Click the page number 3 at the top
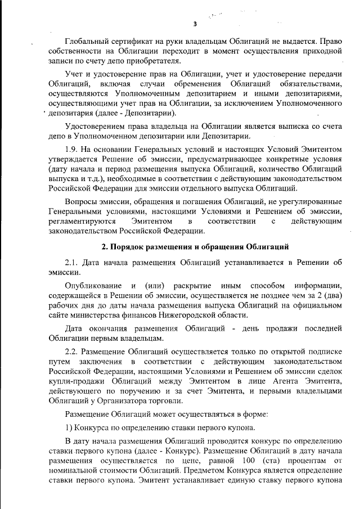(x=195, y=24)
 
